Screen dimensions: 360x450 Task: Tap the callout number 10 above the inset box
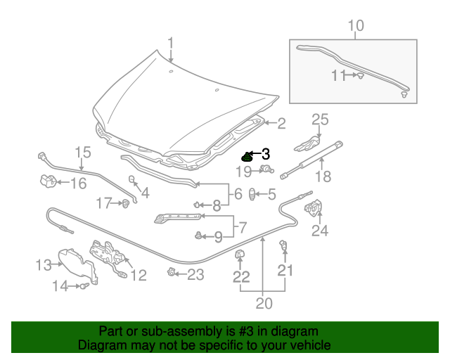click(x=356, y=26)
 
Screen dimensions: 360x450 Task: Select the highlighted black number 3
click(x=265, y=153)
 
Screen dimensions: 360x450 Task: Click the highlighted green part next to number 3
click(x=247, y=157)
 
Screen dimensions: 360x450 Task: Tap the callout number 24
click(x=320, y=230)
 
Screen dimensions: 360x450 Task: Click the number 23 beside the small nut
click(x=195, y=274)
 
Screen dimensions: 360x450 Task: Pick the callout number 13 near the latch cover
click(x=44, y=264)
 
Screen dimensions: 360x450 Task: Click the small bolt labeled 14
click(x=84, y=285)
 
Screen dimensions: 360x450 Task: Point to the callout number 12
click(x=138, y=276)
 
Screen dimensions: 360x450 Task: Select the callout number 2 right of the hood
click(x=281, y=124)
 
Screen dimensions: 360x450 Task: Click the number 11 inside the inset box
click(x=340, y=75)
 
